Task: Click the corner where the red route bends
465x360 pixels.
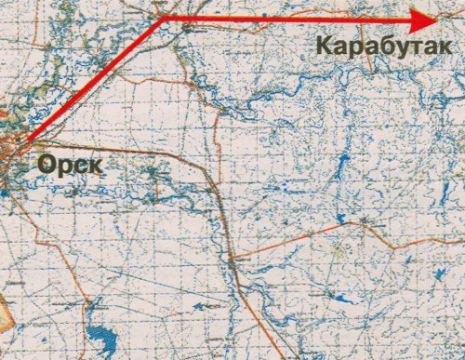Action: coord(164,17)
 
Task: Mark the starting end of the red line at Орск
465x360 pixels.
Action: coord(28,141)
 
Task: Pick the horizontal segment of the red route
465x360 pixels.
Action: coord(298,18)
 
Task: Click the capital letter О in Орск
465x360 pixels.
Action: coord(47,166)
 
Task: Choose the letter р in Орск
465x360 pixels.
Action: coord(63,168)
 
